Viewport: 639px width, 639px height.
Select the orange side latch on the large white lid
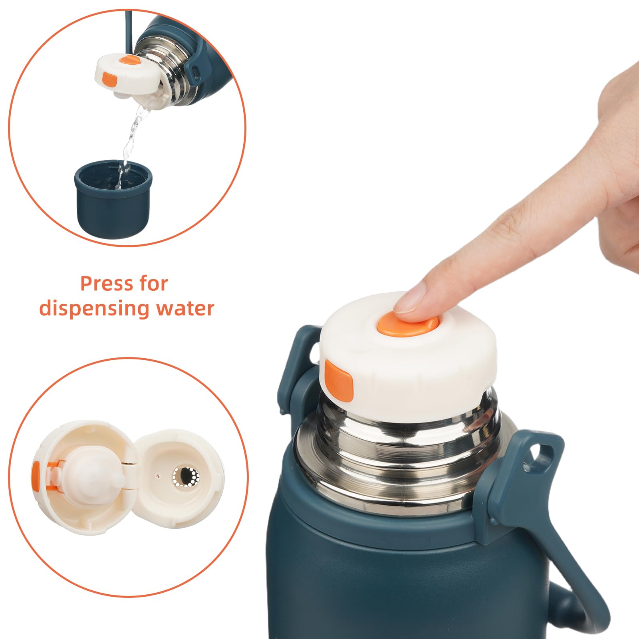(339, 380)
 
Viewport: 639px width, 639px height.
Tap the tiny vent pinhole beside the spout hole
(158, 476)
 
